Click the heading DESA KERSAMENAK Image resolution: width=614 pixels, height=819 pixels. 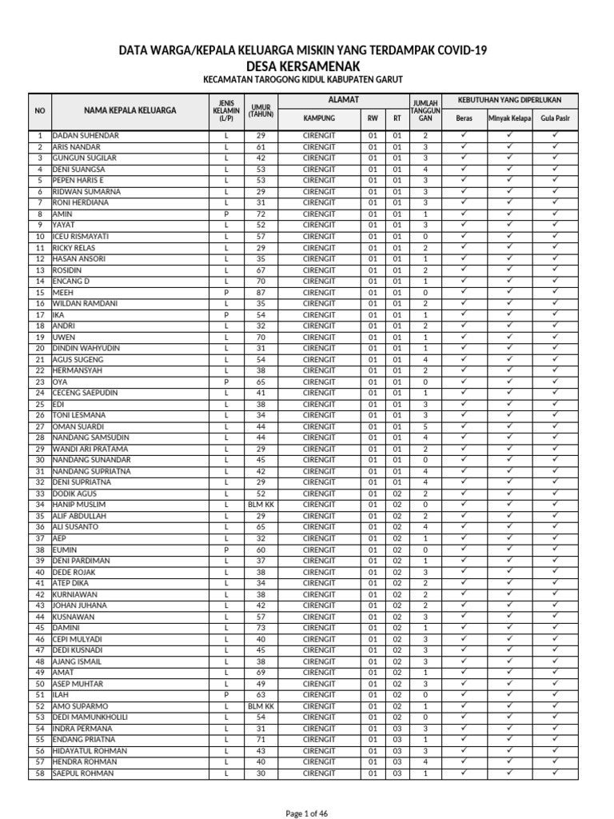(x=307, y=66)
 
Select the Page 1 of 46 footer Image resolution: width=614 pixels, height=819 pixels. (x=307, y=813)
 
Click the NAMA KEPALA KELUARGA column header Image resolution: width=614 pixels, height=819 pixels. (x=131, y=110)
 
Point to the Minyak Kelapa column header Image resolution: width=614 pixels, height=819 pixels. (x=510, y=118)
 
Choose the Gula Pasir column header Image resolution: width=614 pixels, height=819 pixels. (x=555, y=118)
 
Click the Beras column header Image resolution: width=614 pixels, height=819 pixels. (x=464, y=118)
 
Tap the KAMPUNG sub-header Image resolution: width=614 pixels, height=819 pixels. (x=319, y=118)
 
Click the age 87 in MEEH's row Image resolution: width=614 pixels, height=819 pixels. (x=261, y=293)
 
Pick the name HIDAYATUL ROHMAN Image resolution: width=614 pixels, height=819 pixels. (x=90, y=752)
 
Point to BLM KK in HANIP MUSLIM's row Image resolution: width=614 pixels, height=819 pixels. (x=261, y=505)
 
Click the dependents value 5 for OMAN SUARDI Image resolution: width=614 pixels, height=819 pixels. (x=425, y=427)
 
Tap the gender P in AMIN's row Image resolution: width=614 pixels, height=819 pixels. (x=226, y=214)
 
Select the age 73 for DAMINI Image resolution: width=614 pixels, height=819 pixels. (x=261, y=629)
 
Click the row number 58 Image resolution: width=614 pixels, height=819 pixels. (x=40, y=774)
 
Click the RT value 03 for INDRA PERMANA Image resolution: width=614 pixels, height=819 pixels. (x=397, y=729)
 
